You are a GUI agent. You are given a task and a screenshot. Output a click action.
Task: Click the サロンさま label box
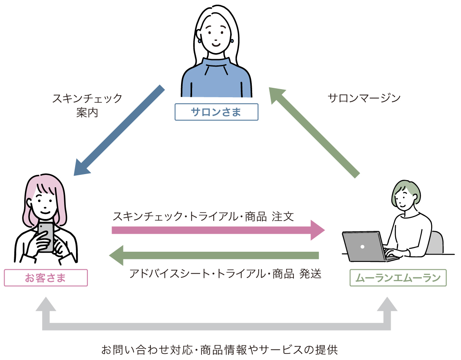[x=216, y=112]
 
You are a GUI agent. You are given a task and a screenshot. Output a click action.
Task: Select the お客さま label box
[x=46, y=278]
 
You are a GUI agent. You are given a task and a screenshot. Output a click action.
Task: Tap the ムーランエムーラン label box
[x=398, y=278]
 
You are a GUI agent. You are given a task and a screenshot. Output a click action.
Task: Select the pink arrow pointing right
[x=217, y=230]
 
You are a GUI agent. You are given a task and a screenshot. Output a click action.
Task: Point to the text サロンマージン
[x=364, y=98]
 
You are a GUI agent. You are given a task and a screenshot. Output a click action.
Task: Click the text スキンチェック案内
[x=87, y=105]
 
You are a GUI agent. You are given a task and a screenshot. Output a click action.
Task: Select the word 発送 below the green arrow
[x=310, y=273]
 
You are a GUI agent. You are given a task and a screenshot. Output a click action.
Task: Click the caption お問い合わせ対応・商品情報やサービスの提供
[x=219, y=350]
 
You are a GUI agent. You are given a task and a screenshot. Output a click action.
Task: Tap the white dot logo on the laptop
[x=362, y=246]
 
